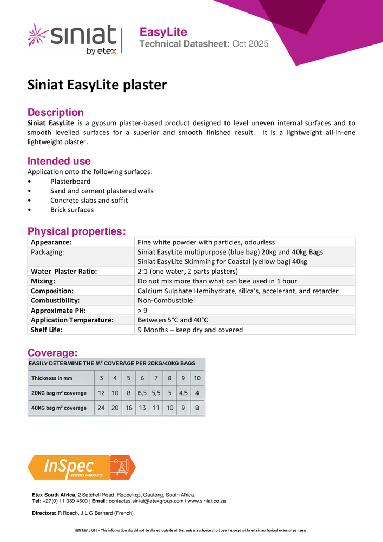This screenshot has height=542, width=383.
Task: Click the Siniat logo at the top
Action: tap(72, 38)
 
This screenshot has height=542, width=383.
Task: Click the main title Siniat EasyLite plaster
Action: tap(97, 85)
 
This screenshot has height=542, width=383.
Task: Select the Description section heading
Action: tap(56, 112)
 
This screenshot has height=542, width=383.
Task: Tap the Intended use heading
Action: tap(59, 161)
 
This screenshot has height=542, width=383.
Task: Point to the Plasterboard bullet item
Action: tap(70, 182)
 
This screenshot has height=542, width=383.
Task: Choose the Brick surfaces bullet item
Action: tap(72, 210)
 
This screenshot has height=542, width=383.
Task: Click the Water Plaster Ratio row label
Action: tap(64, 271)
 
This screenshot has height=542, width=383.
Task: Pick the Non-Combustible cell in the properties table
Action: tap(165, 300)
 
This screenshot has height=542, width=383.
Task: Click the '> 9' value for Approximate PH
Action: tap(142, 310)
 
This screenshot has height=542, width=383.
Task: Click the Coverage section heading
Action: tap(52, 352)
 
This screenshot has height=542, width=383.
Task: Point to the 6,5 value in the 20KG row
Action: tap(142, 393)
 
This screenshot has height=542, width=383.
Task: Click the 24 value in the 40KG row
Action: tap(101, 408)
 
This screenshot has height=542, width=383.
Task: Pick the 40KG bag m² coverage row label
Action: tap(59, 408)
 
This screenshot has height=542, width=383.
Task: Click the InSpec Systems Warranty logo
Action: tap(81, 467)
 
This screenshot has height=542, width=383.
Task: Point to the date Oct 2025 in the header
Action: tap(250, 44)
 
